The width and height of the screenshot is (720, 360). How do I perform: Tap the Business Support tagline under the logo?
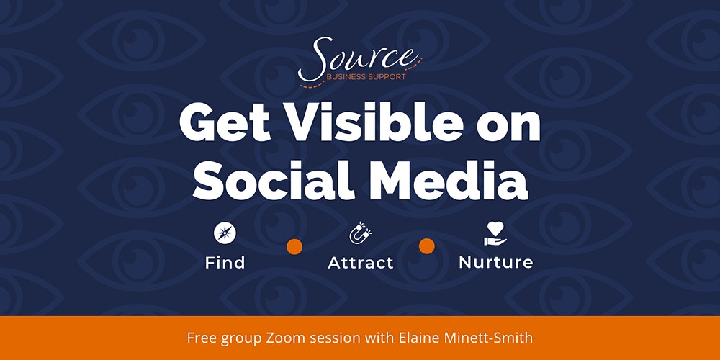pos(366,77)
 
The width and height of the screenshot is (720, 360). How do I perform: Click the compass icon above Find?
pos(225,234)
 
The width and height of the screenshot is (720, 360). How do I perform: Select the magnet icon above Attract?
pos(361,233)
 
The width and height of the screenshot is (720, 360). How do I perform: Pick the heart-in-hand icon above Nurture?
pos(495,234)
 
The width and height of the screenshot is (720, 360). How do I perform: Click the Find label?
pos(225,263)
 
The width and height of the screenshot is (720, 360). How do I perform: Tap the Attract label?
pos(361,263)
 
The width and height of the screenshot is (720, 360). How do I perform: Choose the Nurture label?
pos(496,263)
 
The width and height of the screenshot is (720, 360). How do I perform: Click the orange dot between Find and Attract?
pos(294,246)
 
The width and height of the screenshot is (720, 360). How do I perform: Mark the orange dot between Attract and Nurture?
pos(426,246)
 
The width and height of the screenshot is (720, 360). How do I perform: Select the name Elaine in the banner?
pos(410,338)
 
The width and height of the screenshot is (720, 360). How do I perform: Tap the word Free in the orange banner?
pos(202,338)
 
